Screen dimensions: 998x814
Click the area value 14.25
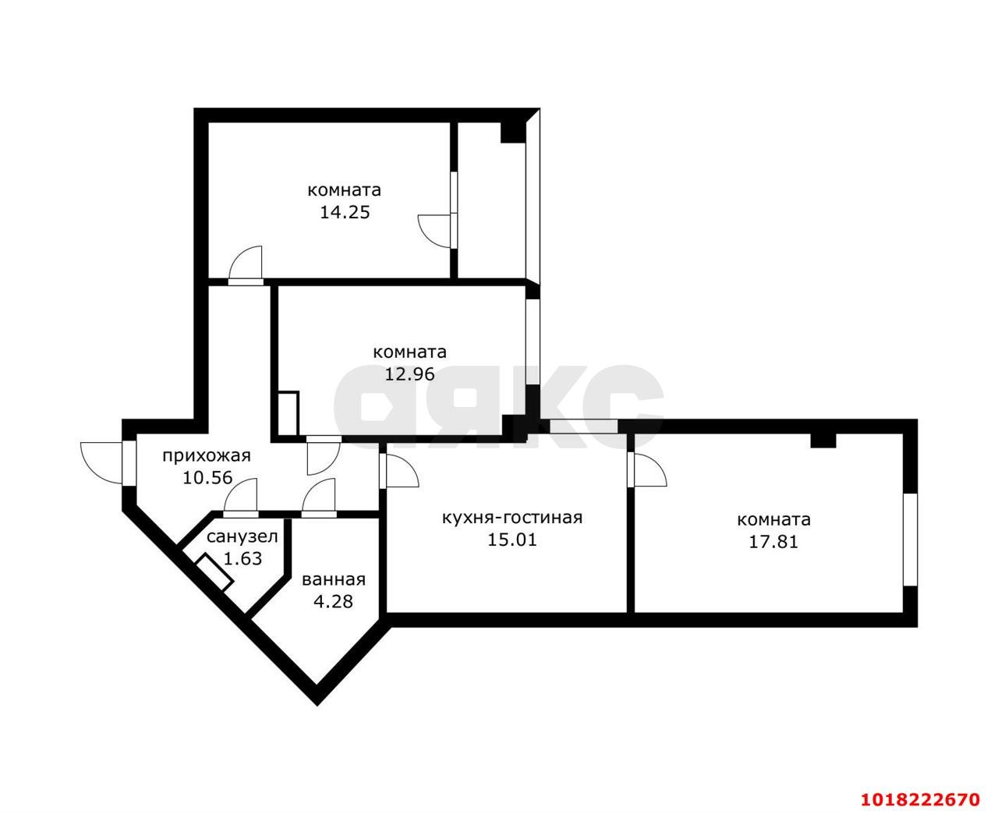345,212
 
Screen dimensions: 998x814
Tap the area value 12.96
409,374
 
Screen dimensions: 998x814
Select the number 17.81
773,542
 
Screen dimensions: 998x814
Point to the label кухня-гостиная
512,518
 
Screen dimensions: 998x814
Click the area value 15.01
512,540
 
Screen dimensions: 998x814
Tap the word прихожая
207,456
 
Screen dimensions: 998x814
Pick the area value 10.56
207,478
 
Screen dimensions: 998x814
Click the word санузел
242,537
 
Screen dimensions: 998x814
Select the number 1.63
242,559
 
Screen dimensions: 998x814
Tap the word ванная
334,580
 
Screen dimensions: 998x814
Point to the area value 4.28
333,601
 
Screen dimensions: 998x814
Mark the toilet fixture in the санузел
214,572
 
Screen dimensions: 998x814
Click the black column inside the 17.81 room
823,441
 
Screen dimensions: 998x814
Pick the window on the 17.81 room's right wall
910,540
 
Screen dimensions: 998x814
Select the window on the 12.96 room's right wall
533,342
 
